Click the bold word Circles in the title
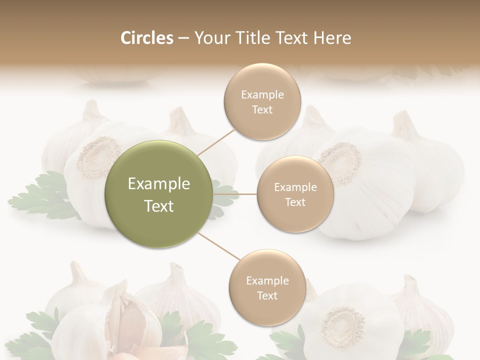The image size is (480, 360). tap(147, 38)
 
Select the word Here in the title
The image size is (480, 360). tap(332, 38)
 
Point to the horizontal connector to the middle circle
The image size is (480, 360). tap(234, 194)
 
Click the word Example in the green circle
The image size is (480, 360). tap(159, 184)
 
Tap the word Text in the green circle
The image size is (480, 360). tap(159, 206)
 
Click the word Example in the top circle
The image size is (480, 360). tap(262, 95)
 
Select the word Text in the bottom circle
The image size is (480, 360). tap(267, 295)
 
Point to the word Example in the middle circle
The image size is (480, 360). tap(295, 187)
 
